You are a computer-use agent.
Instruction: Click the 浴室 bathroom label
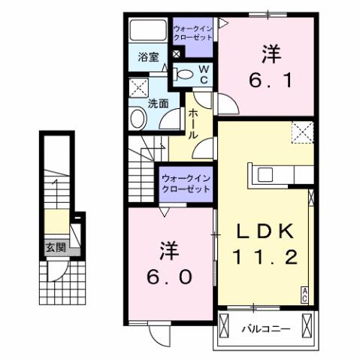(148, 56)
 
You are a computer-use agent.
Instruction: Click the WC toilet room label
(203, 73)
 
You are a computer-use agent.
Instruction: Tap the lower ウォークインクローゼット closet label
(186, 184)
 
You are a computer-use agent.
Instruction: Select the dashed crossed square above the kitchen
(304, 133)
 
